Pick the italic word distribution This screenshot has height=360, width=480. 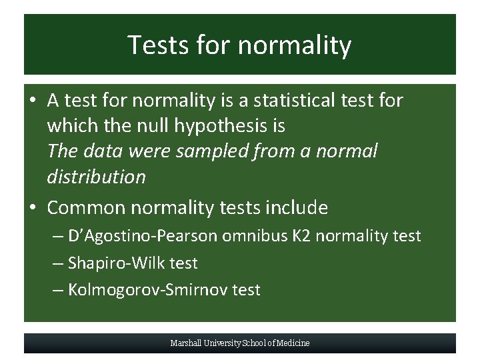(96, 177)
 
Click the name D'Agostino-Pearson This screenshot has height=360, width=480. (143, 236)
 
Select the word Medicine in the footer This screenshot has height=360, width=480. (294, 343)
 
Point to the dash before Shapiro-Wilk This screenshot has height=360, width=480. (59, 264)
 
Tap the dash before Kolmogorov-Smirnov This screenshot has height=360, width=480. (59, 291)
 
